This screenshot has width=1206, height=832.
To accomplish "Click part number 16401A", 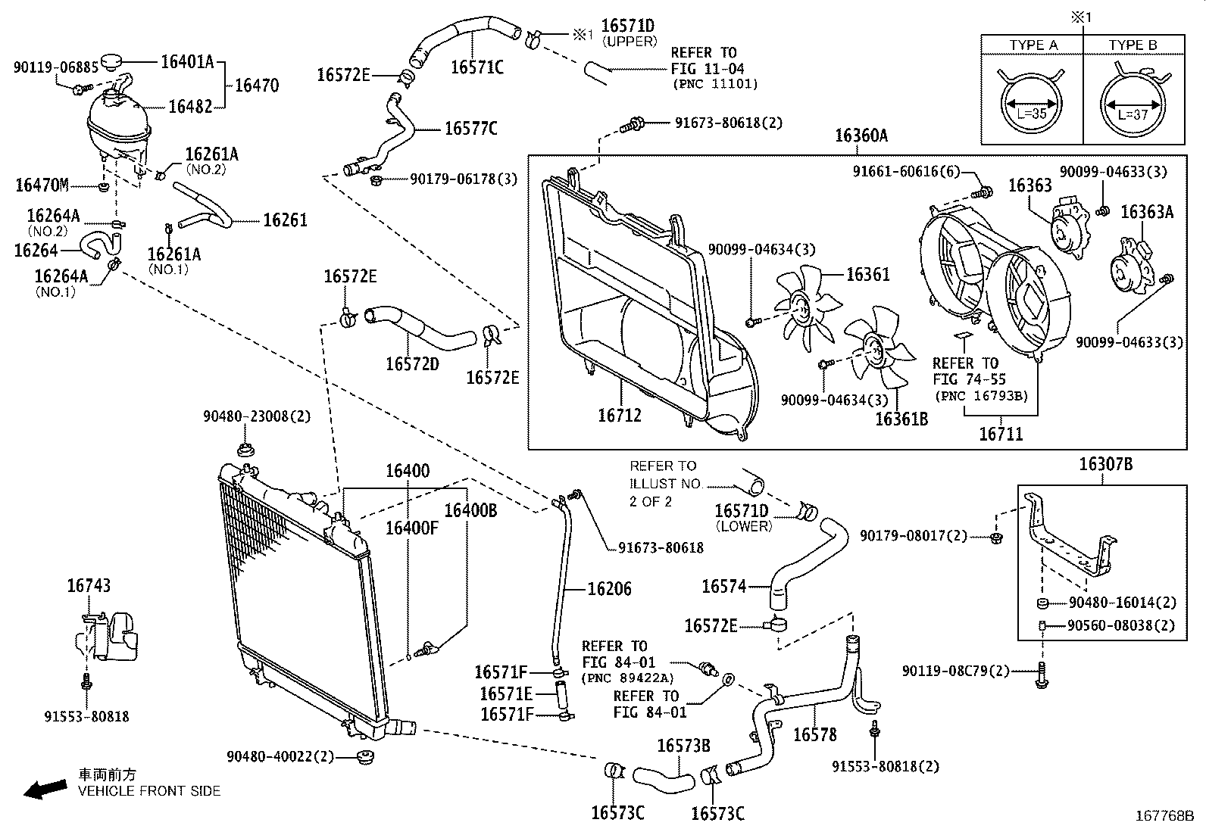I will [188, 62].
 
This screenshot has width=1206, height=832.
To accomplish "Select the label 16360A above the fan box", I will [861, 136].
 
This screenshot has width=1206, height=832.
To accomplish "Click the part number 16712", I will [619, 415].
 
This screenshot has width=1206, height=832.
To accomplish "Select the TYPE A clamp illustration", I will [1032, 102].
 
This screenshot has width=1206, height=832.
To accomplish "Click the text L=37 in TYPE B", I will [1133, 115].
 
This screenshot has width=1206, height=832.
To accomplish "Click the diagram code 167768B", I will [1164, 817].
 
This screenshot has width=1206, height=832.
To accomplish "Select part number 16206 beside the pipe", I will [609, 589].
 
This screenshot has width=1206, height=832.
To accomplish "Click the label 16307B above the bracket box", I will [1105, 464].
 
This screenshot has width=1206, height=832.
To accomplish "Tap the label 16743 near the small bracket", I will [89, 585].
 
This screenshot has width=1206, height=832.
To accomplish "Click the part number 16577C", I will [470, 128].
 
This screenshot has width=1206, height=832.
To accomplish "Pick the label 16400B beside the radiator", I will [470, 510].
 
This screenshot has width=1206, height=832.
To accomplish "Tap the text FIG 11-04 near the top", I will [707, 68].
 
